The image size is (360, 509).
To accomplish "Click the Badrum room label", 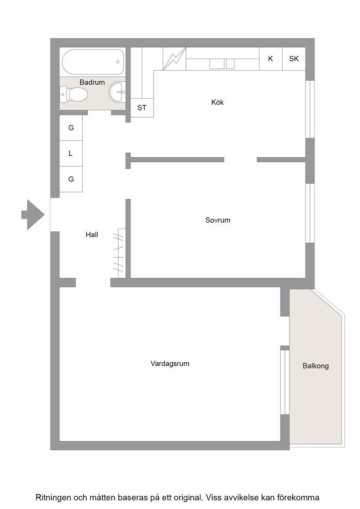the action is point(92,82).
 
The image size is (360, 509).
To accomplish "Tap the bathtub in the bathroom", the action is point(93,62).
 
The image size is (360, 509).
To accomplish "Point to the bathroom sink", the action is point(117,92).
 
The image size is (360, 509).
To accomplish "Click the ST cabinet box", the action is point(142,108).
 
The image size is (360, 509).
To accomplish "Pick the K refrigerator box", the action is point(271,59).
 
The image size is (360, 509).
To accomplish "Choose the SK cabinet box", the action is point(294,59).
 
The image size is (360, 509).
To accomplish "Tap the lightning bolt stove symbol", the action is point(175,59).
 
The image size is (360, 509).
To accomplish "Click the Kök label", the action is point(217,102).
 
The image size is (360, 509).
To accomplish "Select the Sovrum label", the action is point(218,220).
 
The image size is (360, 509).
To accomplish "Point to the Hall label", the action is point(92,235).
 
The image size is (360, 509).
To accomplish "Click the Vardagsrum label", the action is point(170,364).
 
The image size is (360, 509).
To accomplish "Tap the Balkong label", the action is point(315,366).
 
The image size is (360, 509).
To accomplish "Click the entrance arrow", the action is point(33,215).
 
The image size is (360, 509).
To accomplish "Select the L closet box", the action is point(71,154).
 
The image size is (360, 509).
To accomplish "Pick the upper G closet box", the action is point(71,128).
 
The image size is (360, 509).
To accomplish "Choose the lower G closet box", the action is point(71,179).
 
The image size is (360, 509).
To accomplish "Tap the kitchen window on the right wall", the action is point(310,110).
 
